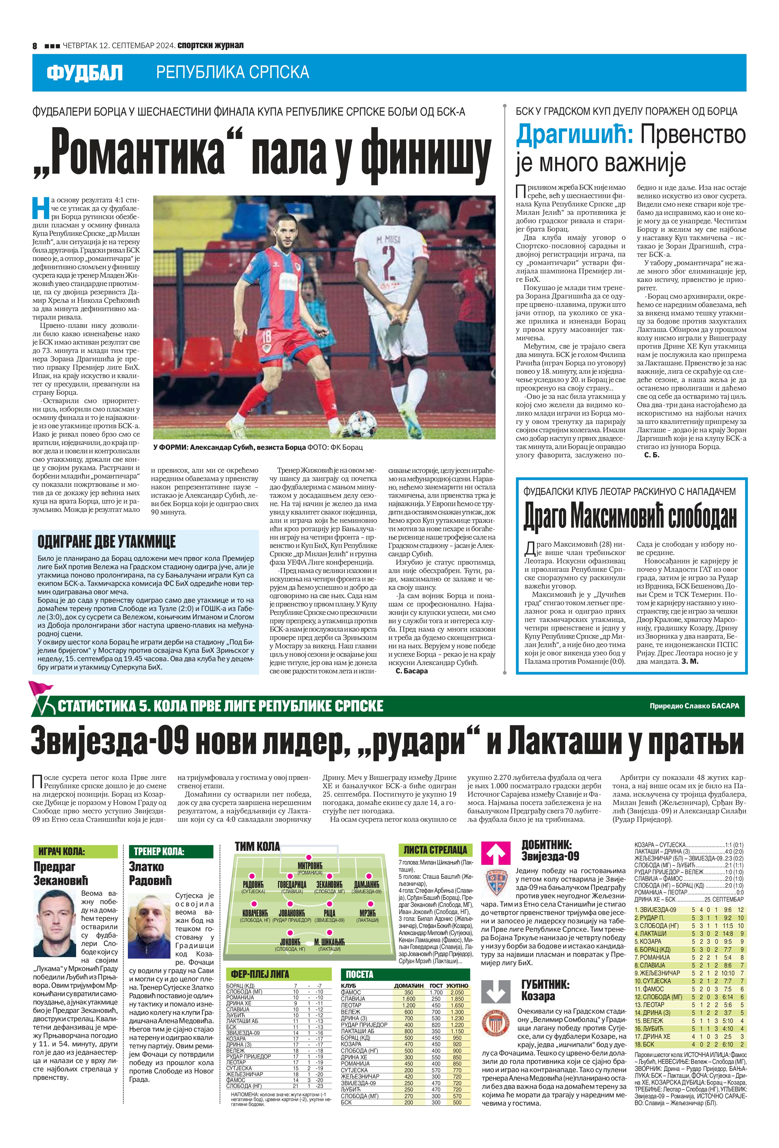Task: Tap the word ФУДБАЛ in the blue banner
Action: coord(84,73)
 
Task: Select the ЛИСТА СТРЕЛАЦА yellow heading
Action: coord(435,850)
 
